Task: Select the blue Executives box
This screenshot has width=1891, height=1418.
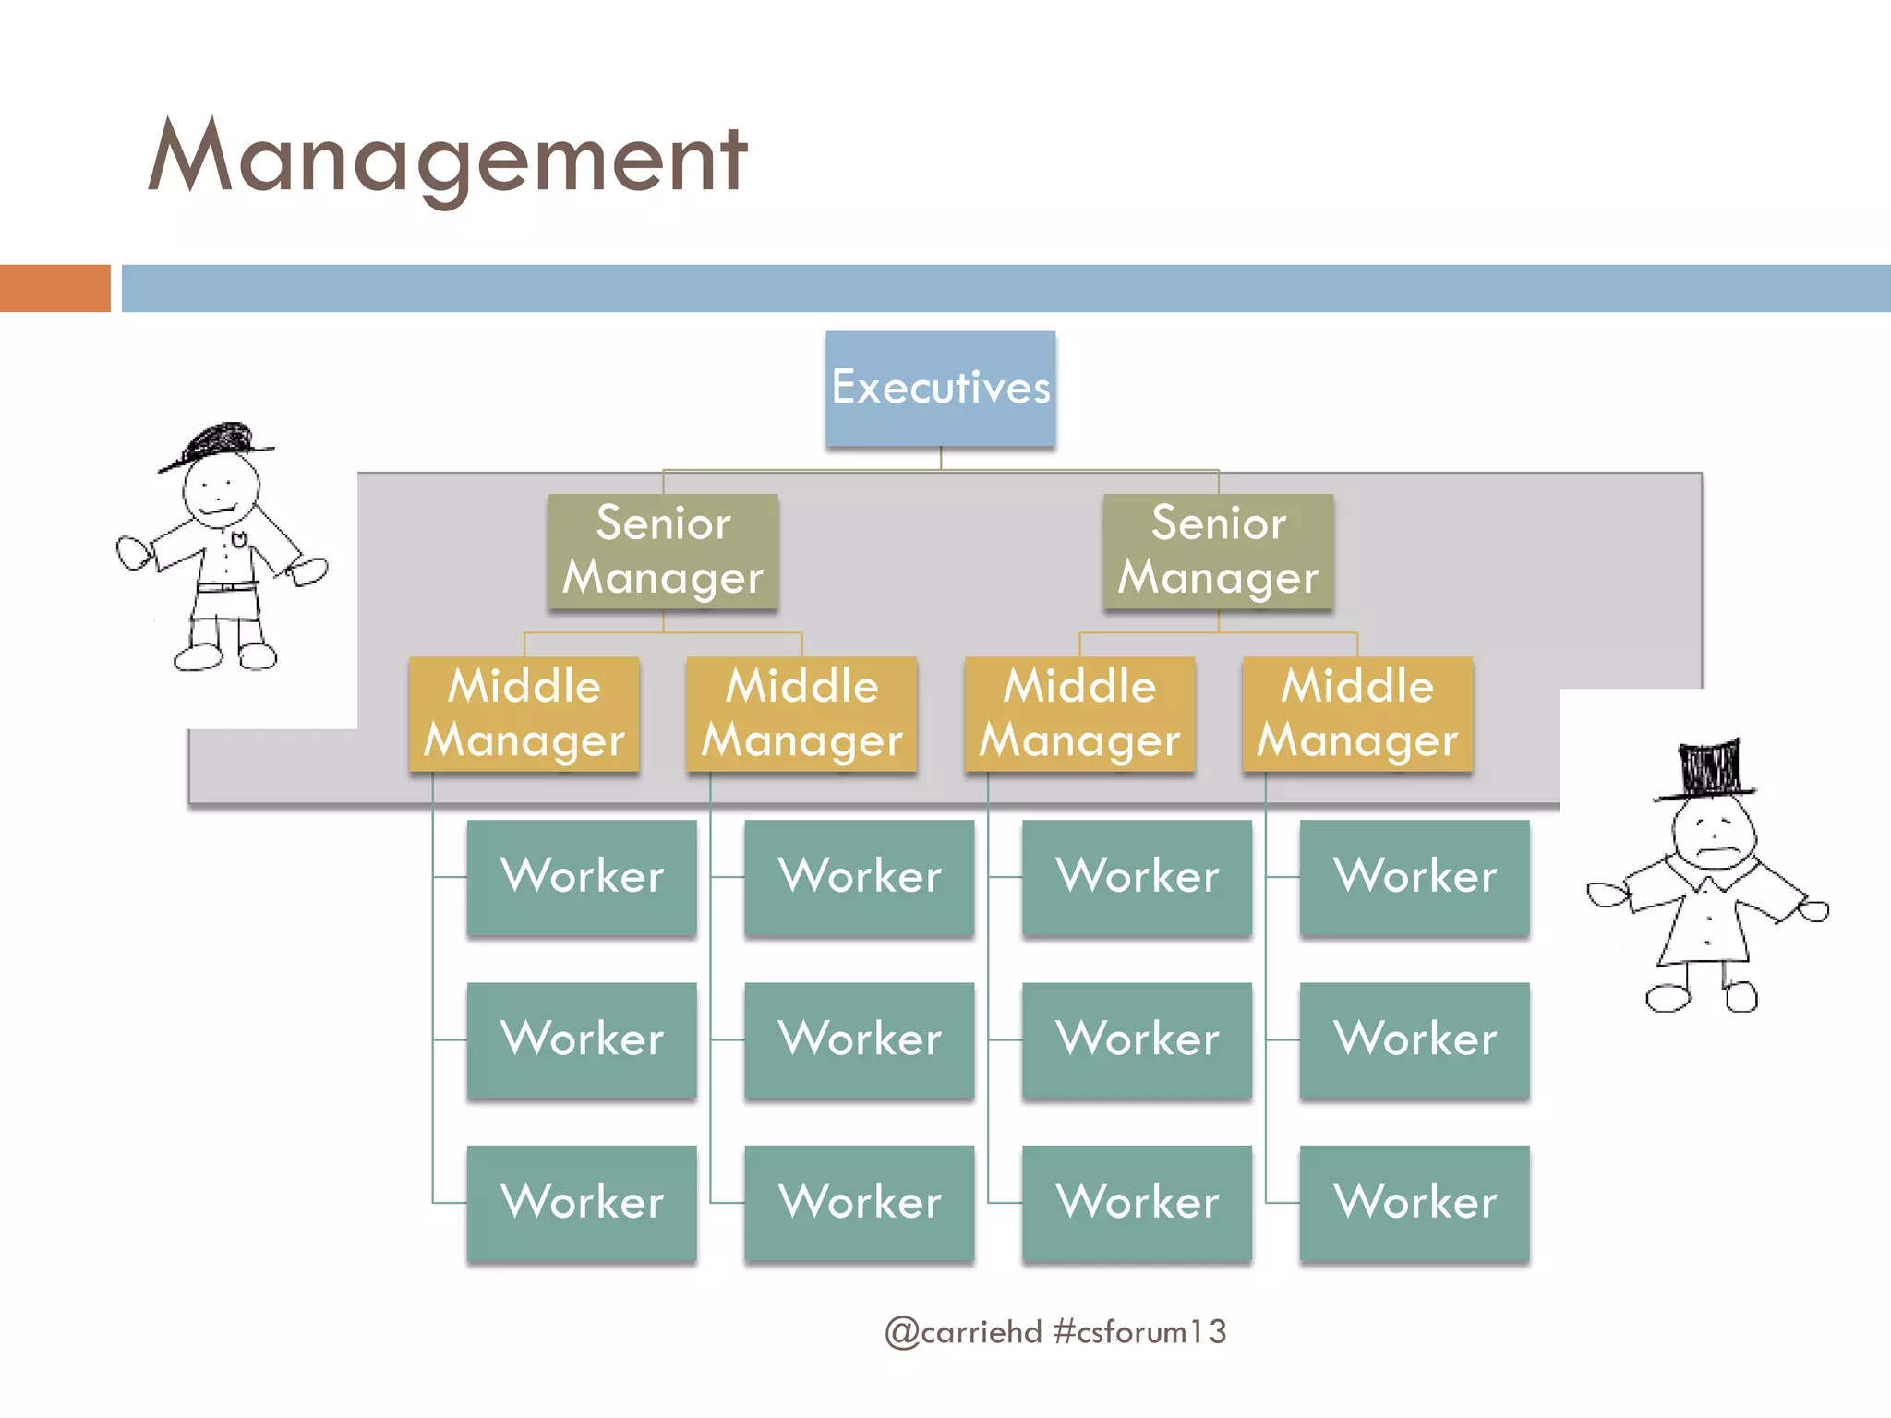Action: (x=940, y=389)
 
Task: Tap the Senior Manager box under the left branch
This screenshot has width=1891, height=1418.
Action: (x=663, y=551)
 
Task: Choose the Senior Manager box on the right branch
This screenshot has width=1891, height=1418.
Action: (x=1218, y=551)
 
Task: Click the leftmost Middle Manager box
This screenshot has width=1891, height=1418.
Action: (x=524, y=714)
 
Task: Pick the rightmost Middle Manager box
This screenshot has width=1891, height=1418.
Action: (x=1356, y=714)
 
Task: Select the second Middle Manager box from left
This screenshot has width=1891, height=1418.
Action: (x=801, y=714)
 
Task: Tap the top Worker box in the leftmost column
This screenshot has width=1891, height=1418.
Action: (x=582, y=876)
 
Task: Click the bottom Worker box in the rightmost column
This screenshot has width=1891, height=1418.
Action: (x=1415, y=1202)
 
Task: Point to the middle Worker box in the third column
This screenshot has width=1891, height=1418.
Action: (x=1137, y=1039)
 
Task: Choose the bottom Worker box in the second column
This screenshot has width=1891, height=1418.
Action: (x=859, y=1202)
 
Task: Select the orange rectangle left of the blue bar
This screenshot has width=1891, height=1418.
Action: (x=54, y=288)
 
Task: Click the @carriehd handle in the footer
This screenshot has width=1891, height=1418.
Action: (x=963, y=1332)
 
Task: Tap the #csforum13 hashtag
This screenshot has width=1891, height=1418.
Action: (x=1139, y=1332)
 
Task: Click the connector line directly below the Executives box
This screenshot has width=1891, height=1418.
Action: (x=941, y=458)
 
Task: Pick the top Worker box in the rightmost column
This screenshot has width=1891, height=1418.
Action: (x=1415, y=876)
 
